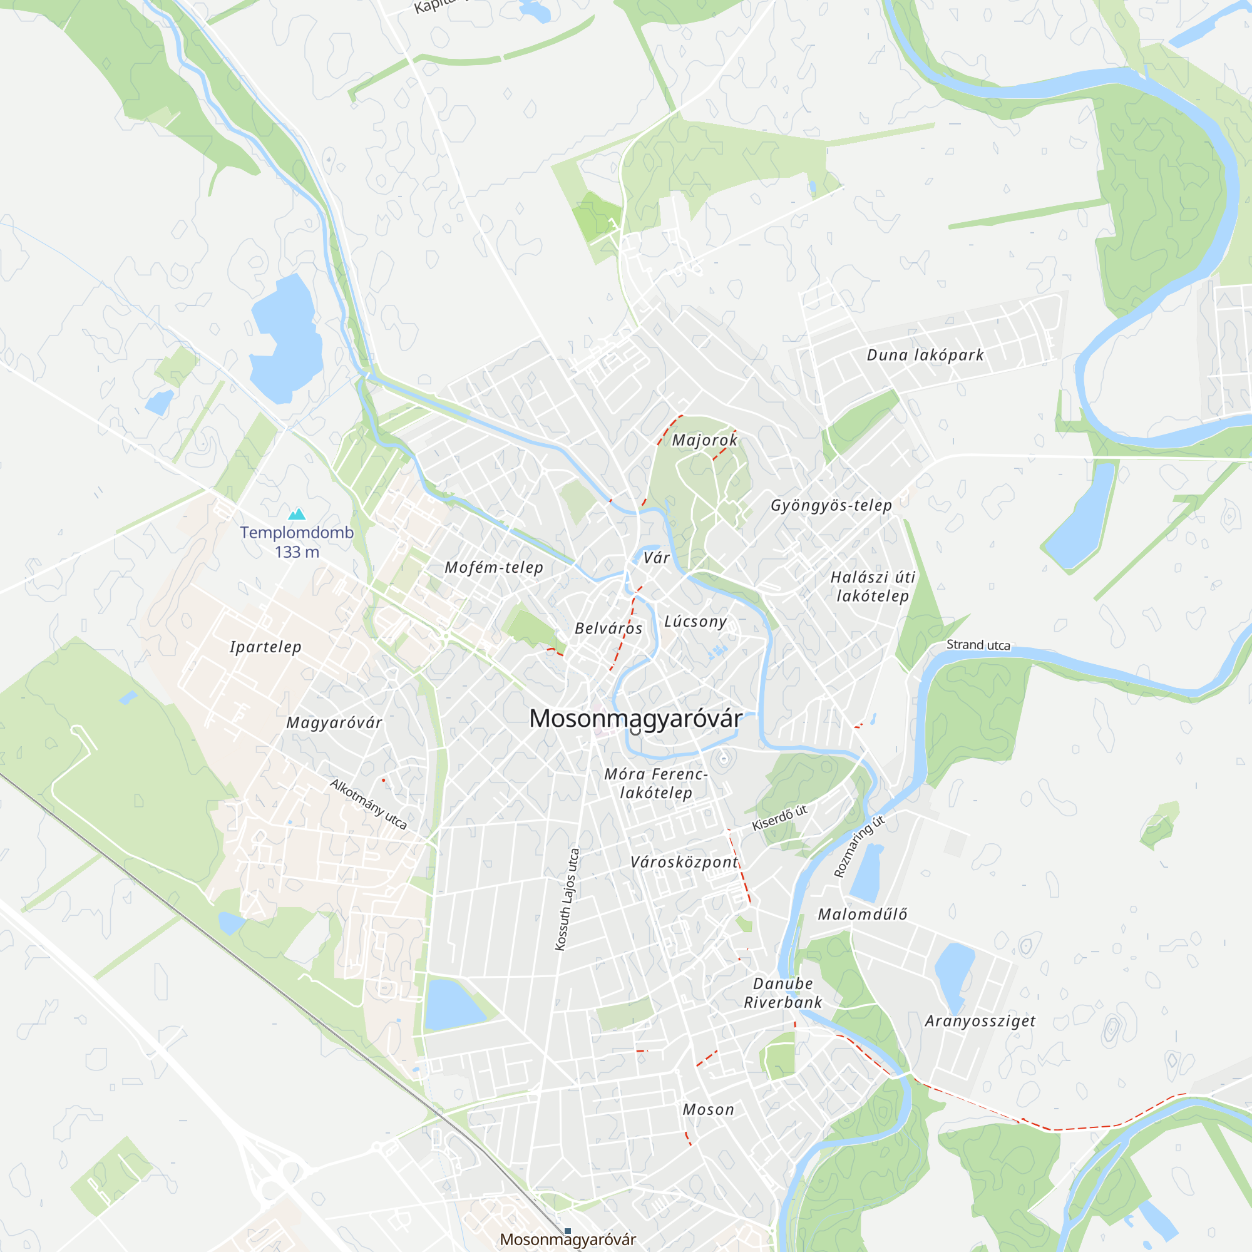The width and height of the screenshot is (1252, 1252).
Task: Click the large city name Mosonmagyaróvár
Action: [x=636, y=719]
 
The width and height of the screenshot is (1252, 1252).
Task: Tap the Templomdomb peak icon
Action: [x=297, y=515]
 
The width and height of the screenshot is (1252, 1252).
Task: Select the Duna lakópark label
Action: [x=925, y=355]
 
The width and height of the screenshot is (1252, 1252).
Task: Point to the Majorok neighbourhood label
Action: [x=704, y=441]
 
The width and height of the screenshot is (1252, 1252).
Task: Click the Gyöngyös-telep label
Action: [x=831, y=505]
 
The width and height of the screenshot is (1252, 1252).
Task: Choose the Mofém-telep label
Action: [x=494, y=568]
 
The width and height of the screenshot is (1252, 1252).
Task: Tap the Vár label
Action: [x=657, y=558]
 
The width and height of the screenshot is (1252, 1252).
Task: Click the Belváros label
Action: [x=608, y=629]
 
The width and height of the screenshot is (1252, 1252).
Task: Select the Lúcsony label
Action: [x=695, y=622]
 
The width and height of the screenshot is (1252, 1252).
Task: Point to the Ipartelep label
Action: [x=265, y=647]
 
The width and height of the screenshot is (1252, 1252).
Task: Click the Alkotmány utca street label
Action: [x=368, y=804]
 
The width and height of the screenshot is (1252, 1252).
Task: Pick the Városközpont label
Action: [x=684, y=862]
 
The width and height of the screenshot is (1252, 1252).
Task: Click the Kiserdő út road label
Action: [x=779, y=818]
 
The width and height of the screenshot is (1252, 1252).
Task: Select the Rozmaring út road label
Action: [x=859, y=846]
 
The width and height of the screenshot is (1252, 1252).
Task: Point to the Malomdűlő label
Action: [x=862, y=915]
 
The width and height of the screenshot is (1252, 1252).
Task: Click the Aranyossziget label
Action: [x=980, y=1021]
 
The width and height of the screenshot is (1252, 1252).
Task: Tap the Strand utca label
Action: [x=978, y=645]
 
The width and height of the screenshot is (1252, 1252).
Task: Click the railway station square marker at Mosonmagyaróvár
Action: [x=568, y=1231]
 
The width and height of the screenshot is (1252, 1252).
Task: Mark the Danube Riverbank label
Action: [x=783, y=993]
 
